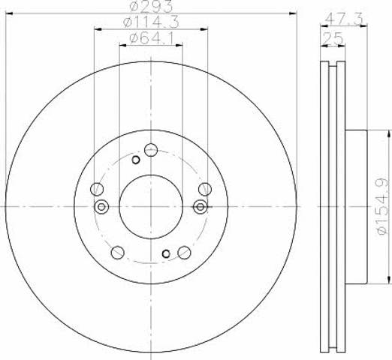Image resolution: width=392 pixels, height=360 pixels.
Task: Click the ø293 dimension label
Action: pos(152,6)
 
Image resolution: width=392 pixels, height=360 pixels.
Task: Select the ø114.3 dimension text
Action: pos(151,22)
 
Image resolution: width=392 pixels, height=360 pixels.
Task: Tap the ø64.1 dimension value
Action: pos(152,38)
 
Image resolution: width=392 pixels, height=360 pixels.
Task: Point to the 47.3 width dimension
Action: pos(344,19)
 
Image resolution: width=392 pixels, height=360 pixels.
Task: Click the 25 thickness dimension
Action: pos(333,38)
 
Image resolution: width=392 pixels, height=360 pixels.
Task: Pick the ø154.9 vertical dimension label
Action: pos(383,206)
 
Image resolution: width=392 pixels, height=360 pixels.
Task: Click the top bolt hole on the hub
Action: pos(151,150)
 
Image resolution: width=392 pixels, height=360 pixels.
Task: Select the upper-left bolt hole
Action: pos(97,189)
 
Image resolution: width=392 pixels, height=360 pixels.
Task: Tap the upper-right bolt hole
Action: pos(205,189)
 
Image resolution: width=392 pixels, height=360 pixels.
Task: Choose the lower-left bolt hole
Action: pos(117,253)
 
